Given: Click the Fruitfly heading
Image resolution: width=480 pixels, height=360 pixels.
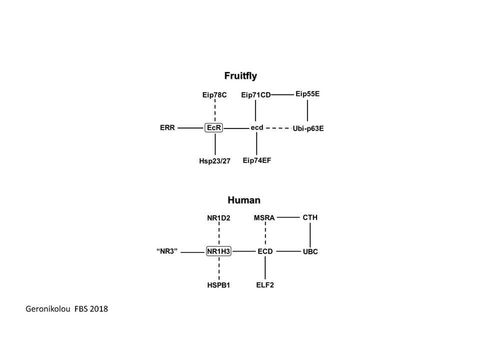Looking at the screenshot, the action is pyautogui.click(x=240, y=76).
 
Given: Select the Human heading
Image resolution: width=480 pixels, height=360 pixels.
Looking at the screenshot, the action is pyautogui.click(x=244, y=200).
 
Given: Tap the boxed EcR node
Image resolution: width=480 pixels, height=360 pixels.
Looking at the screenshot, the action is pyautogui.click(x=213, y=127).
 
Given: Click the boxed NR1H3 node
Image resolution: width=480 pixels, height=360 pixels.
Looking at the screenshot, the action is pyautogui.click(x=218, y=251).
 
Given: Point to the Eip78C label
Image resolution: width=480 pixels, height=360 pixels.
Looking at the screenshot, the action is pyautogui.click(x=214, y=95).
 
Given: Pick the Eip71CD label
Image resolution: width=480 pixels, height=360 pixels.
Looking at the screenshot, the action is pyautogui.click(x=256, y=95).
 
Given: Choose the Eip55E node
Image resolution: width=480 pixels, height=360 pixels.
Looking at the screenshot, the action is pyautogui.click(x=307, y=94).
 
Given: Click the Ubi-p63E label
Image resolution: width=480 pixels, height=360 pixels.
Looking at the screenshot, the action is pyautogui.click(x=308, y=128).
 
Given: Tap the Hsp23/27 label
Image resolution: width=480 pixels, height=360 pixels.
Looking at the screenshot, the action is pyautogui.click(x=214, y=161).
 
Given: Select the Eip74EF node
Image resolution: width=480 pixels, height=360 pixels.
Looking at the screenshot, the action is pyautogui.click(x=257, y=160).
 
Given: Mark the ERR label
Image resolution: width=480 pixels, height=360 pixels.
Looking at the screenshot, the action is pyautogui.click(x=167, y=127).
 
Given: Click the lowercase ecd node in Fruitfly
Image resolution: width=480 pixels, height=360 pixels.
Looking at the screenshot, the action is pyautogui.click(x=257, y=127).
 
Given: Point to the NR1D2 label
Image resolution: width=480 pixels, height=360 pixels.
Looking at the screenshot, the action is pyautogui.click(x=218, y=218).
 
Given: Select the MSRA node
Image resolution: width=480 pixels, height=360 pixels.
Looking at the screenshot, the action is pyautogui.click(x=264, y=217).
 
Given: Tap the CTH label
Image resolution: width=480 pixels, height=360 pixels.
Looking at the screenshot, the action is pyautogui.click(x=310, y=217).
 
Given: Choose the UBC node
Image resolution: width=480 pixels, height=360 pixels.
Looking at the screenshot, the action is pyautogui.click(x=310, y=251).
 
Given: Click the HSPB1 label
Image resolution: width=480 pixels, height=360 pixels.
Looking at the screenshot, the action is pyautogui.click(x=218, y=285).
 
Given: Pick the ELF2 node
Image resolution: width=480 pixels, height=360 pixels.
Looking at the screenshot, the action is pyautogui.click(x=265, y=285).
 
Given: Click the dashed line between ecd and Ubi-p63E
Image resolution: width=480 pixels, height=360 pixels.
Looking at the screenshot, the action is pyautogui.click(x=278, y=128).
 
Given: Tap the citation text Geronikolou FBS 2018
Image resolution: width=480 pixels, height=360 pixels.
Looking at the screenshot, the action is pyautogui.click(x=66, y=308).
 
